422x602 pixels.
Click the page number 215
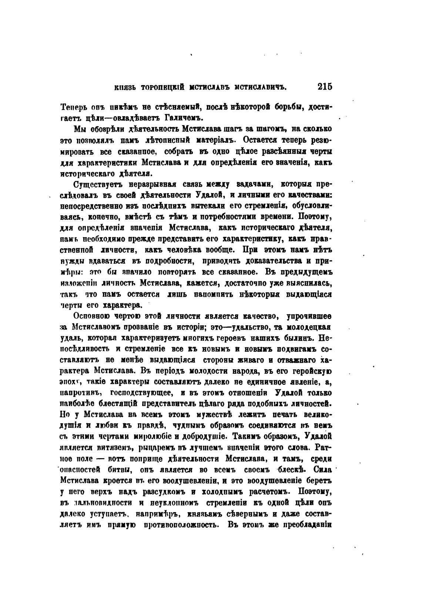[x=325, y=87]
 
